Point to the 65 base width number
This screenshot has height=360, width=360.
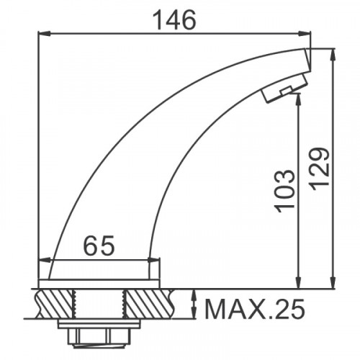(100, 246)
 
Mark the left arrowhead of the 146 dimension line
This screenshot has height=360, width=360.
(42, 32)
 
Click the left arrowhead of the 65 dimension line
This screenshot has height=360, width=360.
(53, 262)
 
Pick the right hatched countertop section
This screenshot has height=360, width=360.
(149, 302)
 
